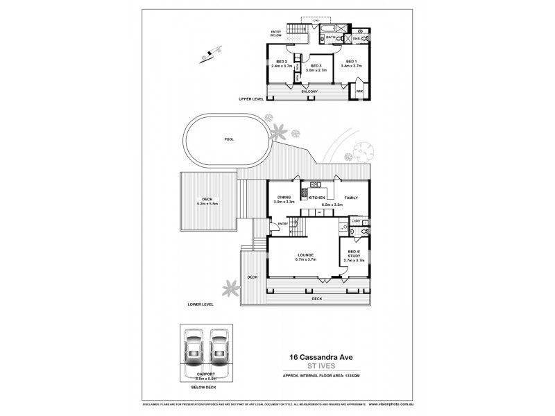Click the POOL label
[229, 139]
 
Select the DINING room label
[284, 198]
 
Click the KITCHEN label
[317, 198]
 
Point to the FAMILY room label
[351, 198]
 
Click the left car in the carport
[194, 350]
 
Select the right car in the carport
[220, 350]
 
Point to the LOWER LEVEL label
[200, 304]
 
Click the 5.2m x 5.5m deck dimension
[207, 204]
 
